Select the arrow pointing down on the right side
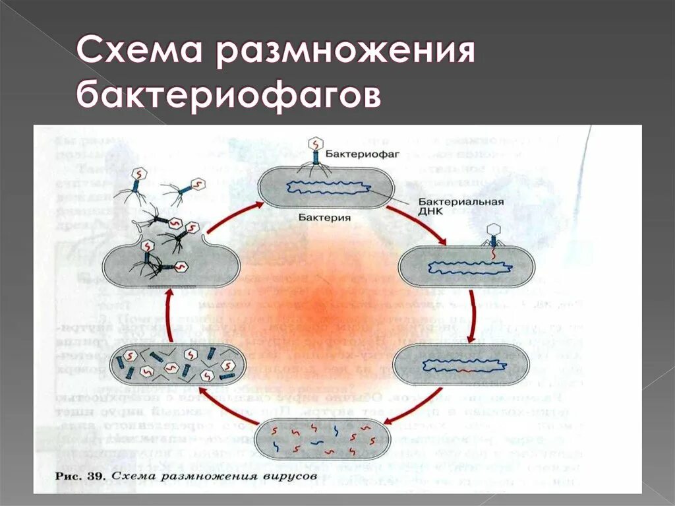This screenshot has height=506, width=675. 471,317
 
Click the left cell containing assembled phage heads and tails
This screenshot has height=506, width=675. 178,365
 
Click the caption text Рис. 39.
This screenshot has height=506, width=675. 78,475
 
